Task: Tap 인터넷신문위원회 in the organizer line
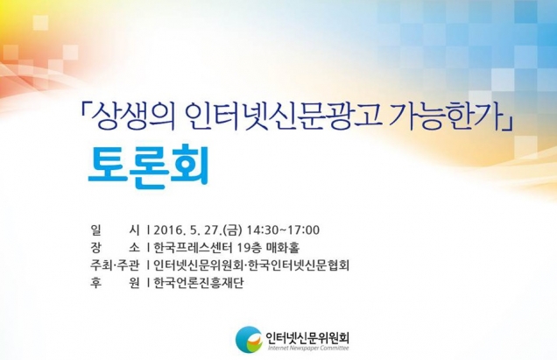pyautogui.click(x=197, y=265)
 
